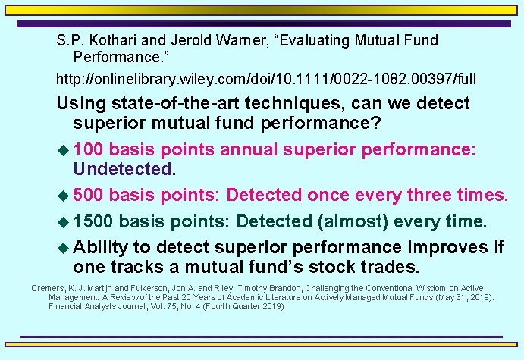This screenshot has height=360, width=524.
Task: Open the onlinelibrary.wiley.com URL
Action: pyautogui.click(x=266, y=78)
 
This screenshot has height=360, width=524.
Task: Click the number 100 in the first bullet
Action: pyautogui.click(x=91, y=149)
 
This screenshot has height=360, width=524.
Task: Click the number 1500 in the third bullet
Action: pyautogui.click(x=96, y=222)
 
